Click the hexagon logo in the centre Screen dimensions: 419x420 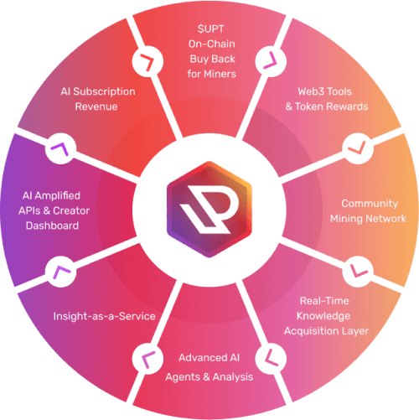click(x=209, y=210)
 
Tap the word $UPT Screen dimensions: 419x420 click(x=210, y=29)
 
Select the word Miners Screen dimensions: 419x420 click(x=220, y=74)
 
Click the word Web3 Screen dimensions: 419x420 click(x=310, y=91)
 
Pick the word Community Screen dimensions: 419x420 click(x=370, y=204)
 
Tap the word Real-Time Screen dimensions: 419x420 click(x=324, y=301)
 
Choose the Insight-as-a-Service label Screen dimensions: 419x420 click(x=104, y=316)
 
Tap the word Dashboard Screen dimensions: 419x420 click(x=52, y=226)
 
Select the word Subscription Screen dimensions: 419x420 click(x=104, y=91)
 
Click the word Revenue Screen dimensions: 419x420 click(x=96, y=106)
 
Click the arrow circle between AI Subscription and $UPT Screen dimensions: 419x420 click(x=147, y=62)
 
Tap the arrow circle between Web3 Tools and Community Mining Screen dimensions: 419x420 click(x=358, y=148)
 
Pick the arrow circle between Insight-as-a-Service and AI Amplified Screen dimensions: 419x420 click(x=61, y=272)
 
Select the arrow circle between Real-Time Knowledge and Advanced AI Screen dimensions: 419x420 click(x=271, y=359)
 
